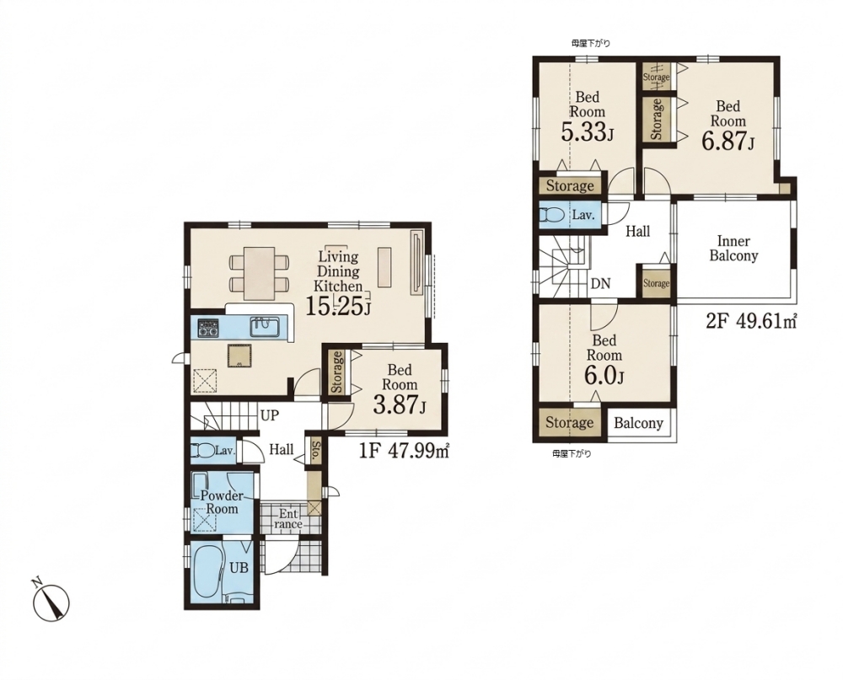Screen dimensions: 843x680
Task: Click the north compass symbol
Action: click(x=51, y=600)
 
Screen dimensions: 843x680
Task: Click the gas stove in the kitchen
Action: click(x=207, y=328)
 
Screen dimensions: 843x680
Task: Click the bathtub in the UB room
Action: click(x=207, y=572)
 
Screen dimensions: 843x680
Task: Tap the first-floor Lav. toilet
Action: click(x=202, y=450)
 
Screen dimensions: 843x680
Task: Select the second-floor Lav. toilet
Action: click(x=552, y=215)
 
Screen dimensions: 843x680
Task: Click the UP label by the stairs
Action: click(x=270, y=415)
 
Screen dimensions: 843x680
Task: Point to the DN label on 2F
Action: click(x=600, y=283)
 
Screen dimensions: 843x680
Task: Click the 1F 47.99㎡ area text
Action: click(x=404, y=451)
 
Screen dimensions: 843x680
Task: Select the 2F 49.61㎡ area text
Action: click(x=750, y=321)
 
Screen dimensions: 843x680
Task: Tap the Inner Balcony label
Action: click(x=733, y=249)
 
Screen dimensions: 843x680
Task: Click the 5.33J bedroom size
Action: click(x=587, y=132)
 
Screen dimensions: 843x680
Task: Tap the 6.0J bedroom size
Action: click(x=604, y=376)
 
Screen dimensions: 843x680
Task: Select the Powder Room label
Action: click(x=218, y=501)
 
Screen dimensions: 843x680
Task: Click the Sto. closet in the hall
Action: click(x=316, y=451)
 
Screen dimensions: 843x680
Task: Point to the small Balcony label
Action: click(x=638, y=423)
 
